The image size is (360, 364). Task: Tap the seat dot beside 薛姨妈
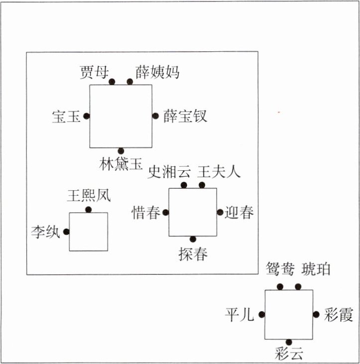pyautogui.click(x=130, y=82)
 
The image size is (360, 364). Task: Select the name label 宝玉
pyautogui.click(x=66, y=117)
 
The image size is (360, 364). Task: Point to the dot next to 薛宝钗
pyautogui.click(x=155, y=116)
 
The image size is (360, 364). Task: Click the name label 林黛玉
pyautogui.click(x=121, y=164)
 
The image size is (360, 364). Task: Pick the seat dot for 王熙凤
pyautogui.click(x=88, y=210)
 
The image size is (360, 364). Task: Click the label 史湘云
pyautogui.click(x=170, y=172)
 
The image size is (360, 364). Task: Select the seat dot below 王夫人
pyautogui.click(x=202, y=185)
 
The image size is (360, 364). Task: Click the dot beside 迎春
pyautogui.click(x=220, y=212)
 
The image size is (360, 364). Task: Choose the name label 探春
pyautogui.click(x=193, y=253)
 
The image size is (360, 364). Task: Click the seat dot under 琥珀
pyautogui.click(x=298, y=286)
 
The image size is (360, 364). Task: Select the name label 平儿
pyautogui.click(x=240, y=315)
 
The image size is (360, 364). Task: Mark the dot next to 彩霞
pyautogui.click(x=316, y=314)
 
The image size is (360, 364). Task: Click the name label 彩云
pyautogui.click(x=289, y=354)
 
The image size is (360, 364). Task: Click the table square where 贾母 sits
pyautogui.click(x=120, y=116)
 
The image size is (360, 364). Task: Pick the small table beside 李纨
pyautogui.click(x=88, y=232)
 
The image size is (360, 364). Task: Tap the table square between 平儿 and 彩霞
pyautogui.click(x=288, y=314)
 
